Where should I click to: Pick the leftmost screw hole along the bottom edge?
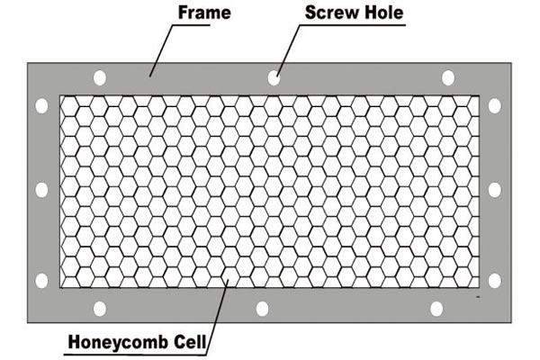pyautogui.click(x=100, y=309)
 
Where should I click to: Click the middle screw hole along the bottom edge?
pyautogui.click(x=262, y=309)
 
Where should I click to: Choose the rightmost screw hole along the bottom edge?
pyautogui.click(x=436, y=309)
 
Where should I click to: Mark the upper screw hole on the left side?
pyautogui.click(x=41, y=105)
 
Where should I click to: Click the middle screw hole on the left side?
pyautogui.click(x=41, y=190)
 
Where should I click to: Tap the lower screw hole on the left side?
pyautogui.click(x=41, y=280)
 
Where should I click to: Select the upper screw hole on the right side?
pyautogui.click(x=494, y=105)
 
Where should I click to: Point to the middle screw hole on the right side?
pyautogui.click(x=494, y=190)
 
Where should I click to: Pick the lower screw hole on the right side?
pyautogui.click(x=494, y=280)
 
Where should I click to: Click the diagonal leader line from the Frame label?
pyautogui.click(x=159, y=49)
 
